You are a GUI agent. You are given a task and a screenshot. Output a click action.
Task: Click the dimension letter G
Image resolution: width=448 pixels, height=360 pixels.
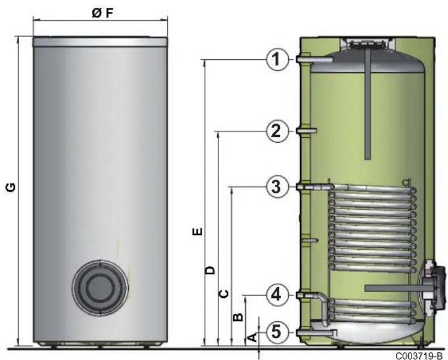point(11,187)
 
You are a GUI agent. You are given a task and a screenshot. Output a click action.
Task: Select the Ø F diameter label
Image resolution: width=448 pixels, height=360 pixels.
point(102,13)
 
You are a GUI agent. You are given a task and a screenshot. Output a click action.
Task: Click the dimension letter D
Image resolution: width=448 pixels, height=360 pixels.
point(211,270)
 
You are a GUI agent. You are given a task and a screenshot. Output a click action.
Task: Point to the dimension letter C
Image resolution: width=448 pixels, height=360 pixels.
point(224,294)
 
